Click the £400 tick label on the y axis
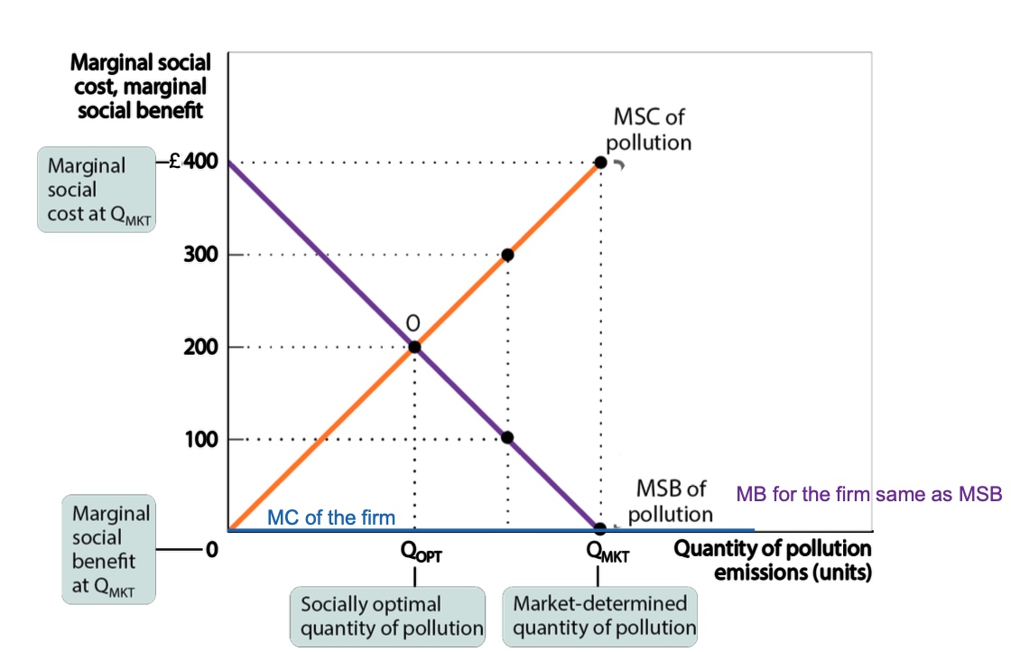click(191, 163)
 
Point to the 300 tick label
click(201, 255)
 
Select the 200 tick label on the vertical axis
click(201, 347)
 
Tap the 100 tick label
click(201, 440)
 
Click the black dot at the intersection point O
click(414, 347)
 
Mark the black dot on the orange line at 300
click(507, 255)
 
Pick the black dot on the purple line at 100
click(507, 438)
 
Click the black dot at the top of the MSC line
click(600, 163)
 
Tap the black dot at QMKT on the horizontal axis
click(599, 528)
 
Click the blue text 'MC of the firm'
click(331, 517)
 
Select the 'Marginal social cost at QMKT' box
click(96, 191)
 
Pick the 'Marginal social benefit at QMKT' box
click(96, 550)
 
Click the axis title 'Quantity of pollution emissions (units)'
click(773, 560)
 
